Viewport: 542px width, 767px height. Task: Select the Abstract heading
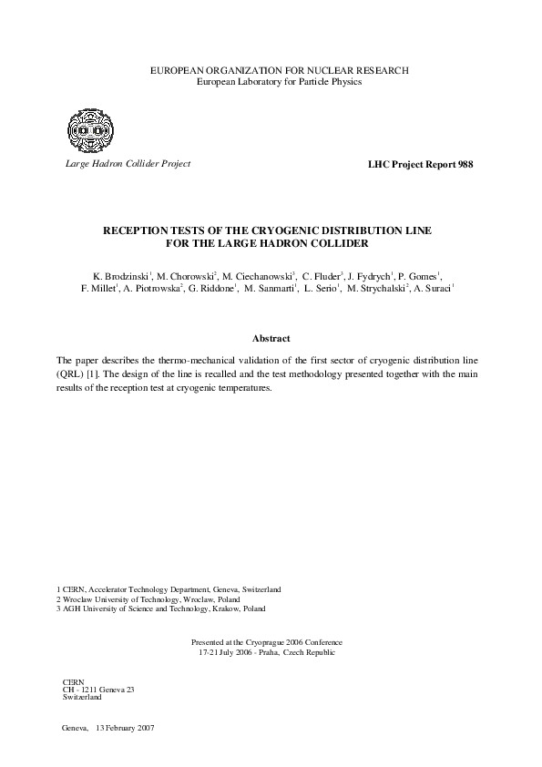point(271,337)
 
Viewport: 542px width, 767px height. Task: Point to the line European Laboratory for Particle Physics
point(271,82)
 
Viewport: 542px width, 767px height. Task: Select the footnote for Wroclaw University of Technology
point(148,600)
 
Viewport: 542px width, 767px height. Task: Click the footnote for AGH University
point(161,608)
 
